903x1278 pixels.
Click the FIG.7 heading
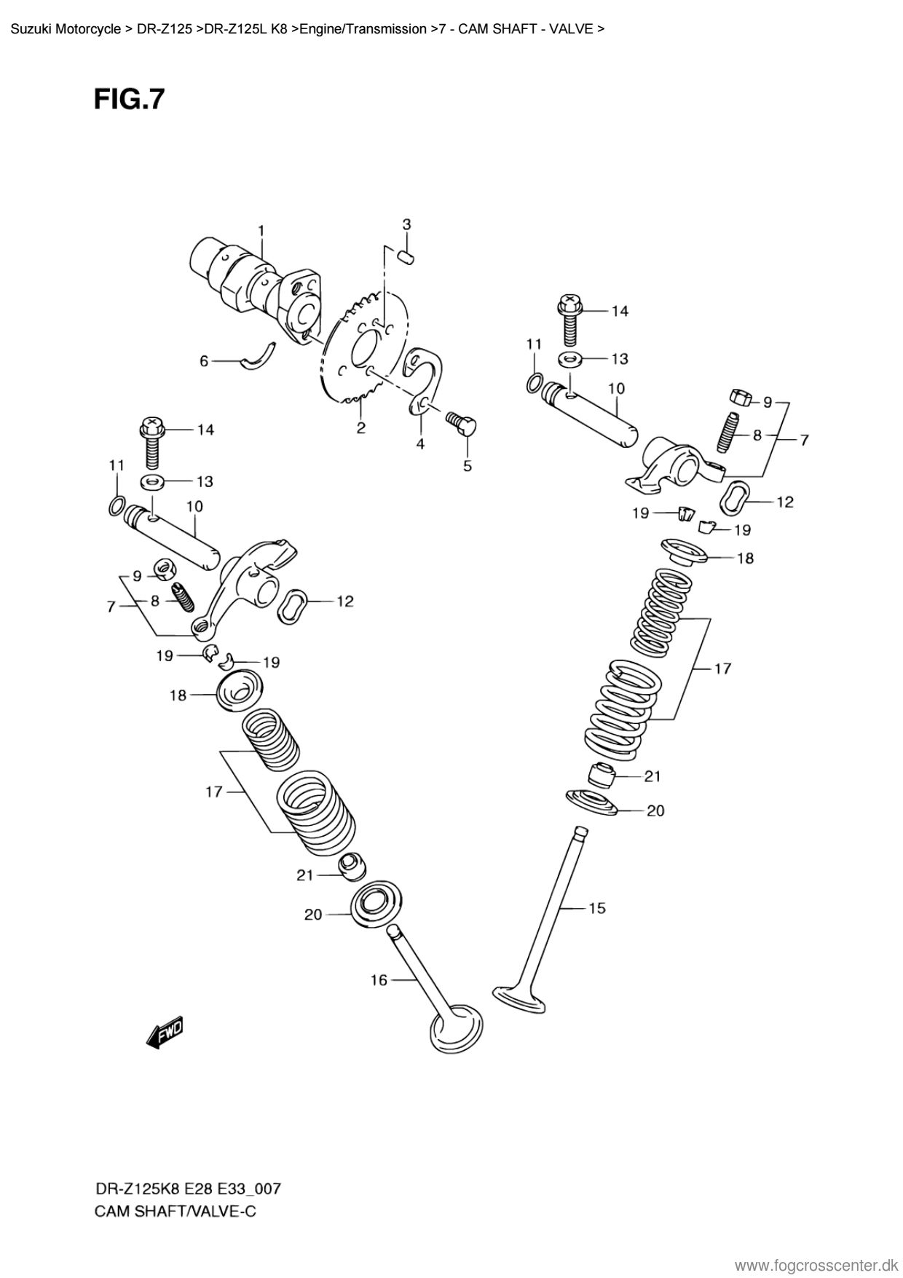(130, 99)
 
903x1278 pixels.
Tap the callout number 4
(420, 443)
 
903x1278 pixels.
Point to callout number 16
(379, 981)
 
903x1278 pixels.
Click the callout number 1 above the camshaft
(260, 231)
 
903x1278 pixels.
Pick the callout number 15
(597, 908)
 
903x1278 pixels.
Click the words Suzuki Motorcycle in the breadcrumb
(66, 29)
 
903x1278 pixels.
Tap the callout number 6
(204, 361)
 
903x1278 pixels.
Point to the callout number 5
(468, 465)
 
